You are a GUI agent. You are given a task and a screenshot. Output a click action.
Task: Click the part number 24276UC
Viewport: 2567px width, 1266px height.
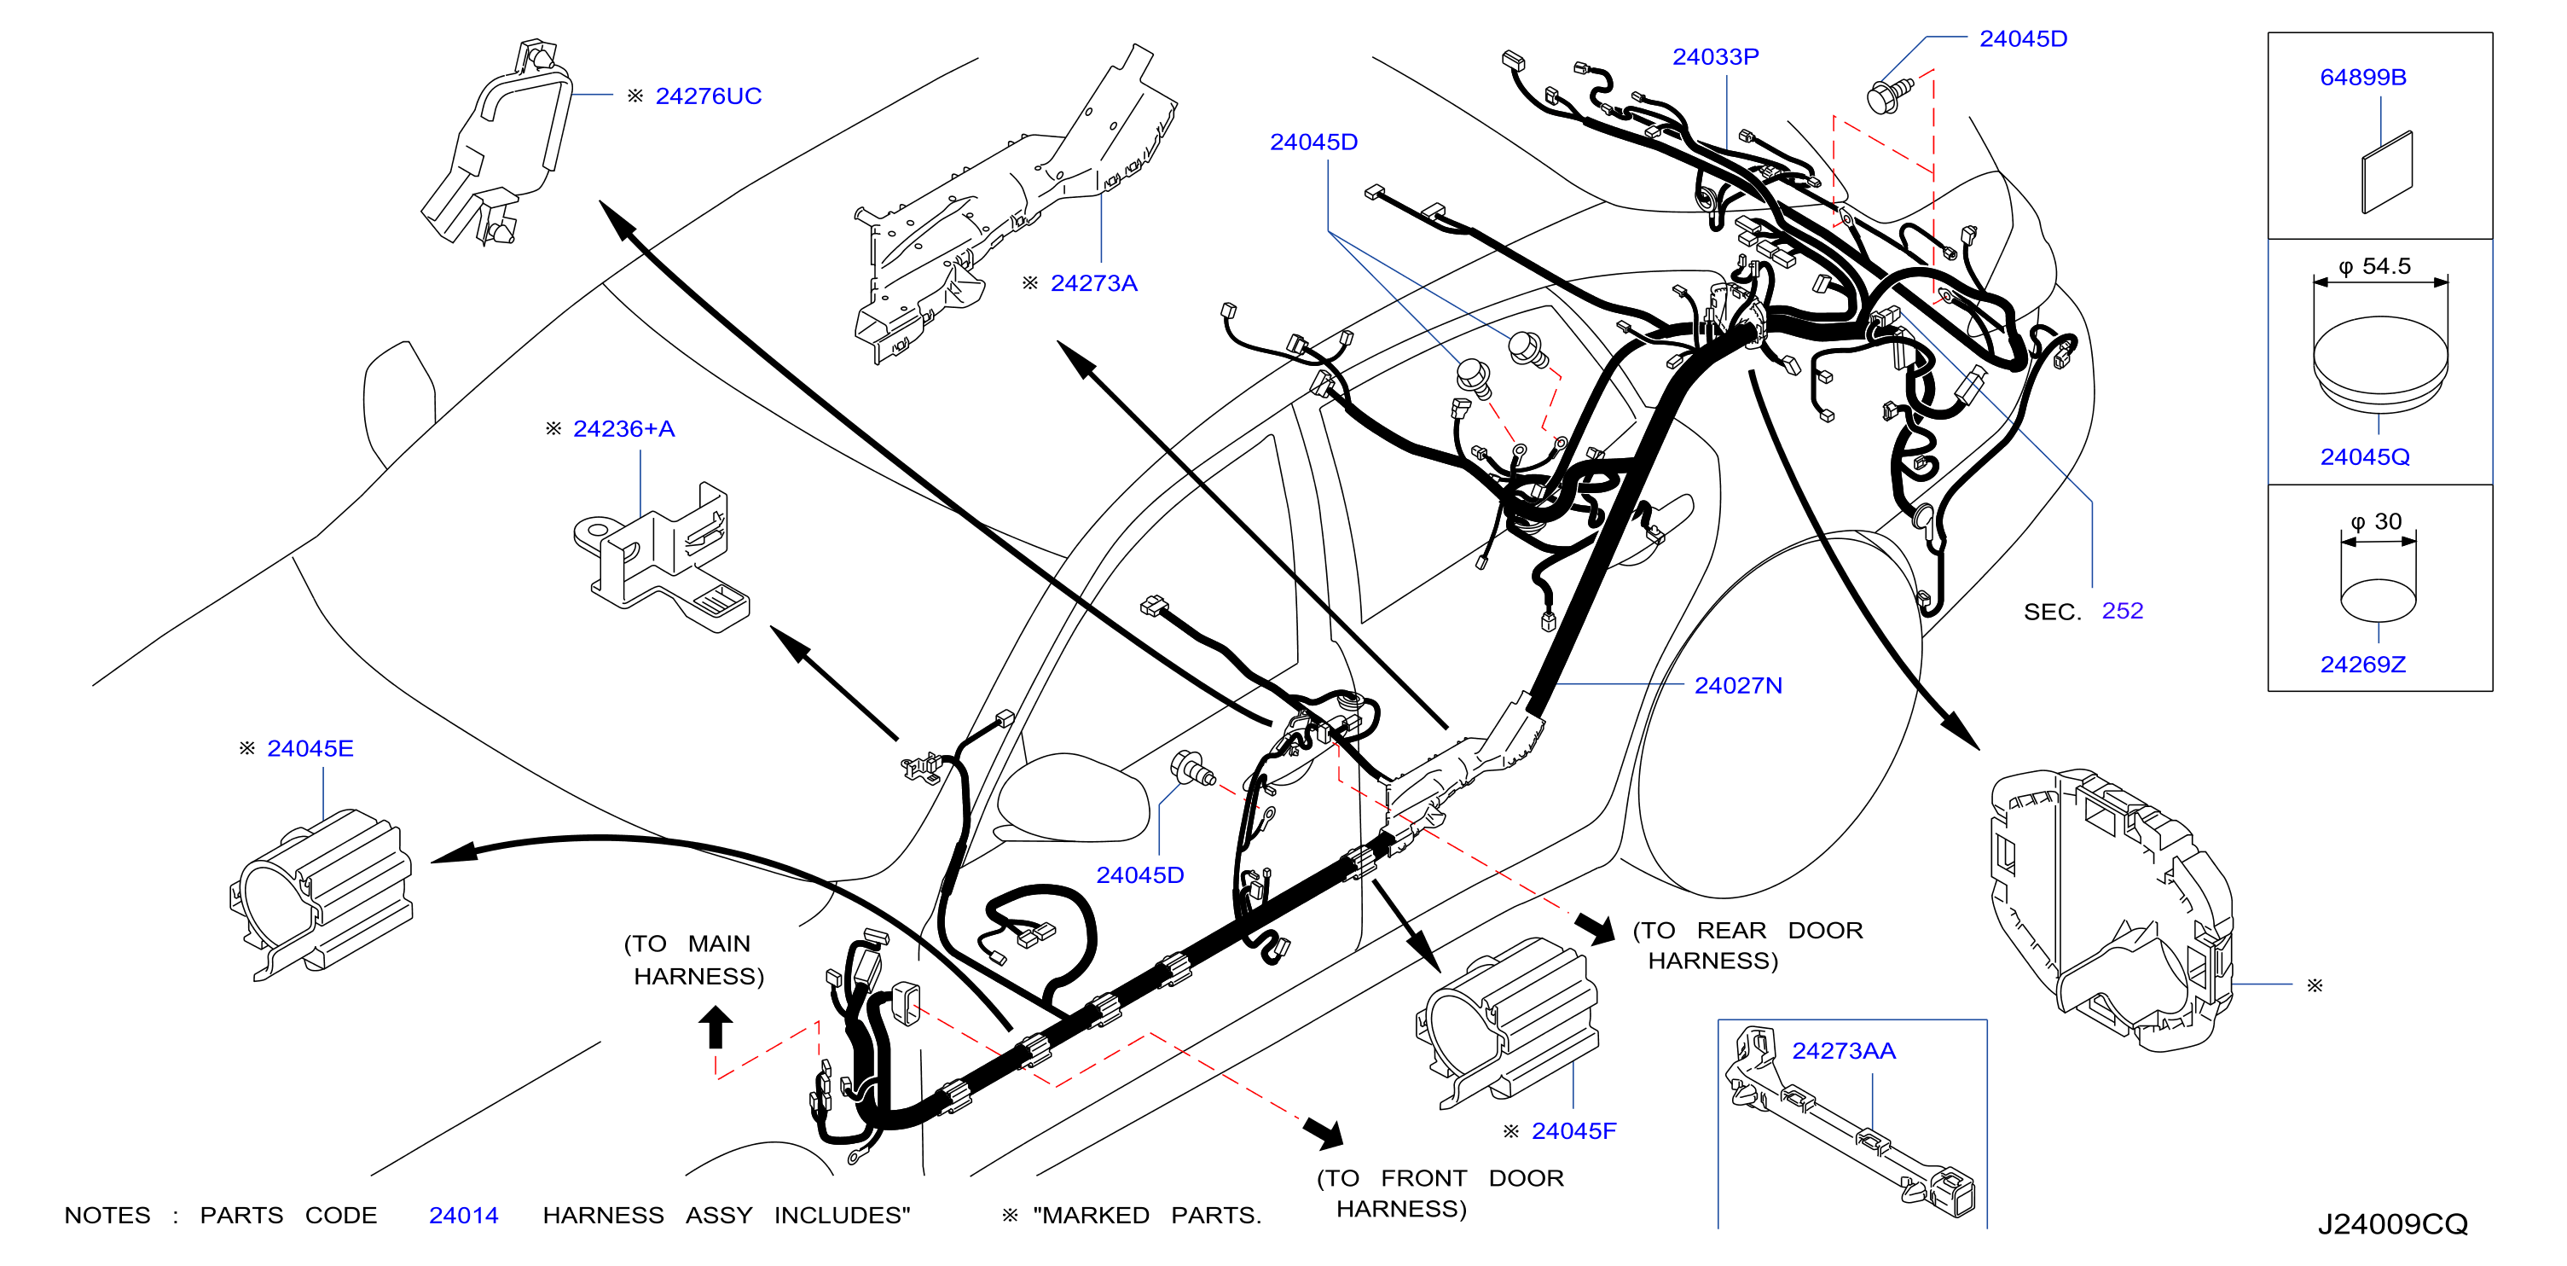click(x=708, y=96)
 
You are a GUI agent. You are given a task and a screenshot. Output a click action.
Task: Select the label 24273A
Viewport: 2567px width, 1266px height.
click(x=1093, y=283)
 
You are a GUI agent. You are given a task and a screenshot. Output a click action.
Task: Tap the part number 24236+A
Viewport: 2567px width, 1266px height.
click(x=623, y=428)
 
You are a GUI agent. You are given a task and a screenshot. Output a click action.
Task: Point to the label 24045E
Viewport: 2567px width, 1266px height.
click(x=310, y=749)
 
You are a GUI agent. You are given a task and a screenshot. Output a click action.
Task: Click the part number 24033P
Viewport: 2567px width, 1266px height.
click(x=1715, y=57)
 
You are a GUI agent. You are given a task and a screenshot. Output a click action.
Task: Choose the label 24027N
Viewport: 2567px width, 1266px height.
click(x=1738, y=686)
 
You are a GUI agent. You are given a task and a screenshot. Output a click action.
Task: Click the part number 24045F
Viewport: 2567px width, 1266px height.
click(x=1573, y=1131)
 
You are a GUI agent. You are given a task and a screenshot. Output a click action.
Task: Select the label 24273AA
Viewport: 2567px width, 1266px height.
click(x=1844, y=1051)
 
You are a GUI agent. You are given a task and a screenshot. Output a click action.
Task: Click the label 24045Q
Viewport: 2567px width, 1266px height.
click(x=2365, y=456)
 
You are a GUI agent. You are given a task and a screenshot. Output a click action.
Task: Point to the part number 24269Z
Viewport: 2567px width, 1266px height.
click(x=2362, y=664)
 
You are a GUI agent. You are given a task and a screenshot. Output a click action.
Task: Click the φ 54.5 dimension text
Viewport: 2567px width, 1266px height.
click(x=2374, y=266)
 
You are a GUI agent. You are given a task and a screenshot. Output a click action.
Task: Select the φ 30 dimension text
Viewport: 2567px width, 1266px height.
click(x=2376, y=521)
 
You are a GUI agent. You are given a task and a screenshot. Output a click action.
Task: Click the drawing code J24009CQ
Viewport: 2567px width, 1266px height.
click(x=2393, y=1224)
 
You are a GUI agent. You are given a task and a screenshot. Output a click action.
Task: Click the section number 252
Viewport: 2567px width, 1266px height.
click(x=2123, y=610)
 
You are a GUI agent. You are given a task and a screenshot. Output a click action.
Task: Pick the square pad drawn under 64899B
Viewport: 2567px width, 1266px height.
click(x=2388, y=171)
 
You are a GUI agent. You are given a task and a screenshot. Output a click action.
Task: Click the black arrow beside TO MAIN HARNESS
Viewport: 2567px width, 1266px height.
click(x=716, y=1027)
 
